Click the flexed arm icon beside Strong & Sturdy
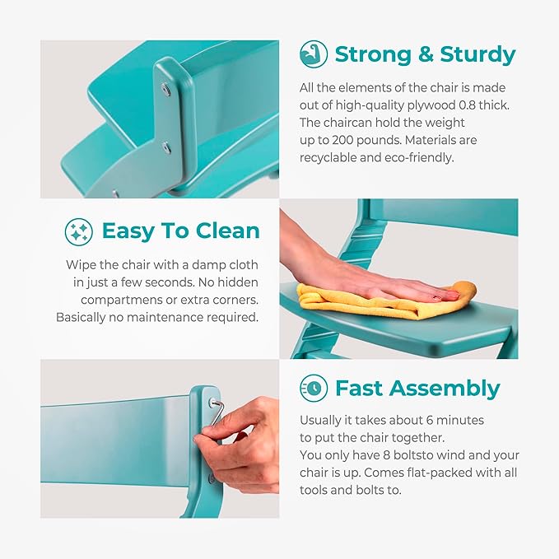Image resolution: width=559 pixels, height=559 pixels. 314,54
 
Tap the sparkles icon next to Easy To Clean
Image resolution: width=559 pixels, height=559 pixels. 79,231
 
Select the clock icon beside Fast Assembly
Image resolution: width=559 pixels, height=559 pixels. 314,388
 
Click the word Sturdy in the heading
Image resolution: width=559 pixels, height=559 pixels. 477,54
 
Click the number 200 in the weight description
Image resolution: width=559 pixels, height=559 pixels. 342,140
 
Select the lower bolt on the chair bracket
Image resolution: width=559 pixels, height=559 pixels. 165,147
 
